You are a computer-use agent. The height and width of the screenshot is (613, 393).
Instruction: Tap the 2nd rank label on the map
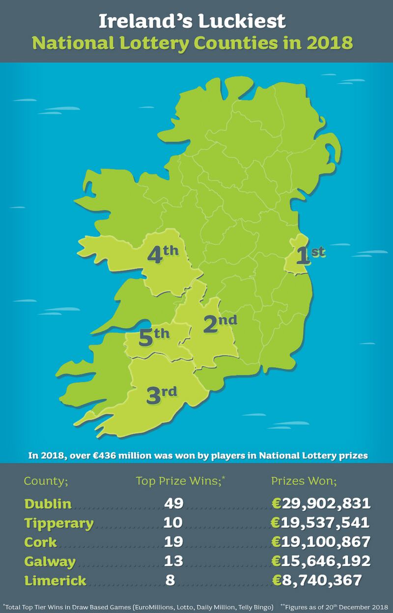coord(220,324)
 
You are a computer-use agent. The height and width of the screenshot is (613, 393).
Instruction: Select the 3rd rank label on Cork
coord(161,395)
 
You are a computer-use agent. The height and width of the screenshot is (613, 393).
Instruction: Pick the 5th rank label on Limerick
coord(154,338)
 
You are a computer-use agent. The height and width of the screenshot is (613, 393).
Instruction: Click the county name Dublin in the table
coord(48,504)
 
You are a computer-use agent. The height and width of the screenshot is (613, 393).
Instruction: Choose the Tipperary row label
coord(59,523)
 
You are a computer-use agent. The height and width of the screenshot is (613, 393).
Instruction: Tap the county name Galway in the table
coord(50,561)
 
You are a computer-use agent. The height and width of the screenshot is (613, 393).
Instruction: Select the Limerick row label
coord(56,581)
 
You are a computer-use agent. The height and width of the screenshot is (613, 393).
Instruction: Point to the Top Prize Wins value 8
coord(170,580)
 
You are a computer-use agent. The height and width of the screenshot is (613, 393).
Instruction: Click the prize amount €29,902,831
coord(321,504)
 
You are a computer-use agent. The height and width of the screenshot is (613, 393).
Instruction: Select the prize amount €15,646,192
coord(321,561)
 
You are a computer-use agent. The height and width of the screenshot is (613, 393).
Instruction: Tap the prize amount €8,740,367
coord(317,580)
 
